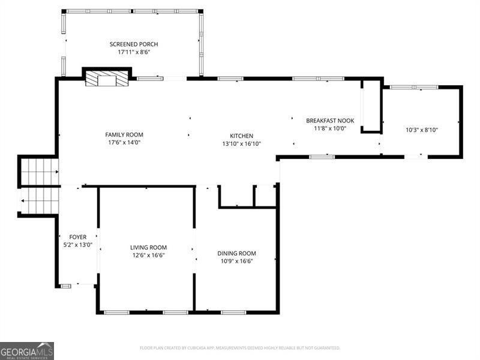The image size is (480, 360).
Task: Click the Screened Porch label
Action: pos(134,44)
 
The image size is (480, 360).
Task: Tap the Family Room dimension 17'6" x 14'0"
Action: pos(124,143)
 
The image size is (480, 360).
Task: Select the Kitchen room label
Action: pos(242,136)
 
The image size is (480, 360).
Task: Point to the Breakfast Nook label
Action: pos(330,121)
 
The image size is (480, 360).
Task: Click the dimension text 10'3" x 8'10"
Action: pos(422,130)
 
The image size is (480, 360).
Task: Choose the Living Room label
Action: pos(148,247)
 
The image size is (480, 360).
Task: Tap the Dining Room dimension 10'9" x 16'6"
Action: pos(236,261)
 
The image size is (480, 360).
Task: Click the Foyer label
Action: pos(77,237)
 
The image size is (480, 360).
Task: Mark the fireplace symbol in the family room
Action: pos(107,79)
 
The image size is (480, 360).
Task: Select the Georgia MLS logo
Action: pos(27,350)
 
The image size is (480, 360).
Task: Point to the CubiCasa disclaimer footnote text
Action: pos(240,348)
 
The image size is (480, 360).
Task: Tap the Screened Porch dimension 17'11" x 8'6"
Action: pos(134,52)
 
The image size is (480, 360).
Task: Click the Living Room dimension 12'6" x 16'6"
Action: pos(148,255)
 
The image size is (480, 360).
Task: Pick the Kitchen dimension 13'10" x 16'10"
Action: pos(242,143)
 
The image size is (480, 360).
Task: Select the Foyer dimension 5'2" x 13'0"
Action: pos(77,245)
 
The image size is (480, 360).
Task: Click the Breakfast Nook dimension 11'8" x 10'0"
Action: pos(330,128)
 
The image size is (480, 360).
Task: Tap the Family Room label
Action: pos(124,135)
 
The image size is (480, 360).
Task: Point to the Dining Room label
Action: pos(236,253)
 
